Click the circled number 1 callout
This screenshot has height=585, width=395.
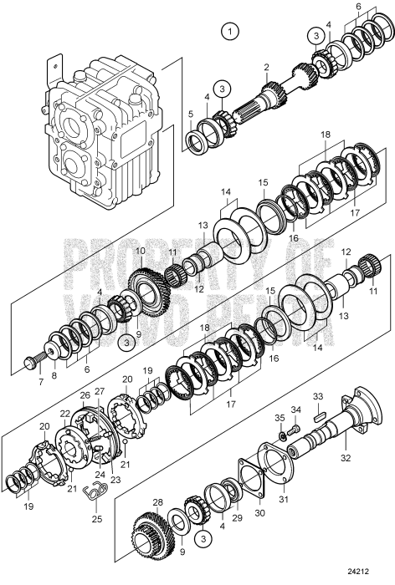click(227, 32)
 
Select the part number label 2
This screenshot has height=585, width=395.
click(266, 67)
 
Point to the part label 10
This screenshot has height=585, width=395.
click(140, 250)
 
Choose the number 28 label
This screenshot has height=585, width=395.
click(156, 502)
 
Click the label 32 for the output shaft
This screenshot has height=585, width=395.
click(344, 458)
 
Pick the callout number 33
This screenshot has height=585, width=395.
click(317, 395)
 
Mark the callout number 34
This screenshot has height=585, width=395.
click(294, 409)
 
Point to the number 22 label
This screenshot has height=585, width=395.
click(64, 414)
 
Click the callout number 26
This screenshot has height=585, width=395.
click(85, 395)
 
